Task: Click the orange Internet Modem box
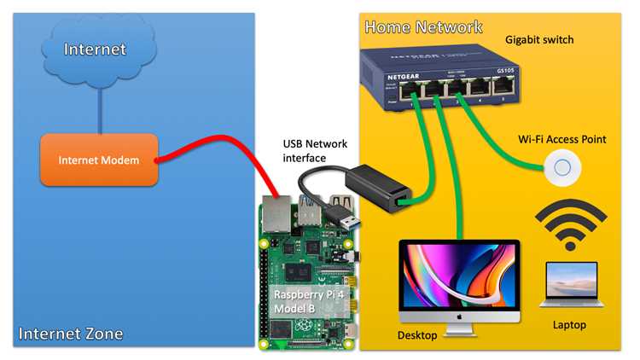99,160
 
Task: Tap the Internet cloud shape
99,51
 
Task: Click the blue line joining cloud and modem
100,111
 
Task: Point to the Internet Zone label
71,334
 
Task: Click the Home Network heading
423,27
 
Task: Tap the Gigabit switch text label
539,39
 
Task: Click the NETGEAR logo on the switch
404,77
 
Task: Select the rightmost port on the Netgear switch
503,86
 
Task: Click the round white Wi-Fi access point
562,167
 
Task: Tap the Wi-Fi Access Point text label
562,139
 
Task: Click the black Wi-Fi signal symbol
571,225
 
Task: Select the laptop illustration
572,284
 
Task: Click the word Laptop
569,325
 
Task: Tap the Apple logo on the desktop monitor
459,316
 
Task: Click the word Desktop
417,335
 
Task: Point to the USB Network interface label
315,151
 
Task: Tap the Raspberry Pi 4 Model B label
309,301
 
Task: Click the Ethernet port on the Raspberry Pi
276,214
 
